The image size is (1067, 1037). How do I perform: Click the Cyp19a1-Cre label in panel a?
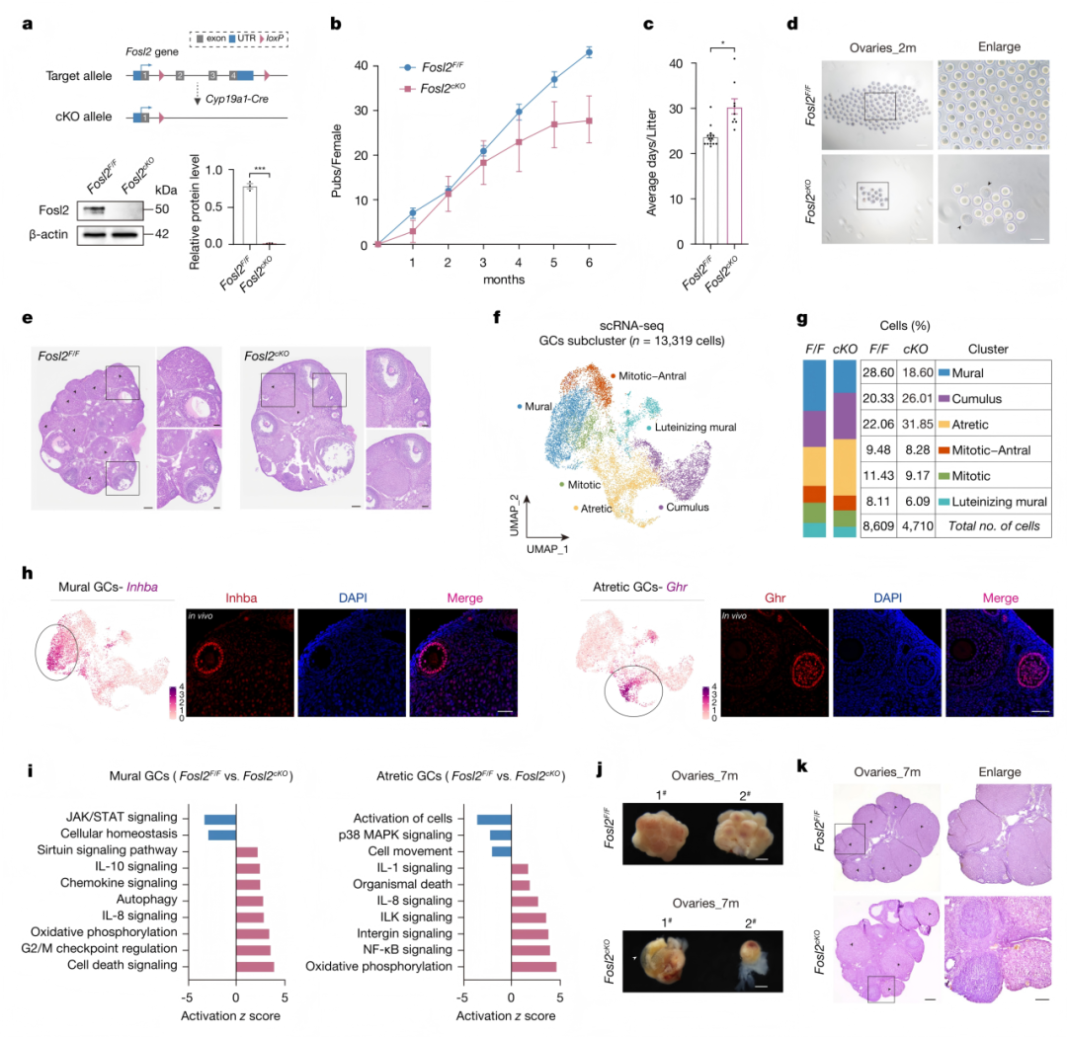237,100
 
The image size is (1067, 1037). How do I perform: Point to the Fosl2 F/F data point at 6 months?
589,52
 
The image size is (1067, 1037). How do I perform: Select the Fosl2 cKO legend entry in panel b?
434,89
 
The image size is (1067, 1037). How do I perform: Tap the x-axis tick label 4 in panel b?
519,263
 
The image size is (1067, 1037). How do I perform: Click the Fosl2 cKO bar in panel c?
734,176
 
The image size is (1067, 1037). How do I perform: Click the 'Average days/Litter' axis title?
652,163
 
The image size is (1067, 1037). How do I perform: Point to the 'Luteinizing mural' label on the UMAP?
696,428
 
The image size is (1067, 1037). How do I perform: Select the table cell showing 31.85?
917,425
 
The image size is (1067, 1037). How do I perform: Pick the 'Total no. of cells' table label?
994,526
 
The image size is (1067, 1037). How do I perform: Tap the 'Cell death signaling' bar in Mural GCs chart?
255,966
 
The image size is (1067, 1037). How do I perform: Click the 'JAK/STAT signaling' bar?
219,819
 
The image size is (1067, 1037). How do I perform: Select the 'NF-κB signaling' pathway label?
404,950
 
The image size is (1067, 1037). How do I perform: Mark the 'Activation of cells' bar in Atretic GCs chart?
494,820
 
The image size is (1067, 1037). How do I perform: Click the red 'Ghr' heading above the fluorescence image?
776,598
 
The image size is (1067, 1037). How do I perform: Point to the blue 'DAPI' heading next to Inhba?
353,598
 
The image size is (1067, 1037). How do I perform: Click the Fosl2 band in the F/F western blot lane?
93,210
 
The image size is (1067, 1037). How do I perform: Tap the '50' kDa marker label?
162,209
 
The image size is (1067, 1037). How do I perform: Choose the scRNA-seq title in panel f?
630,326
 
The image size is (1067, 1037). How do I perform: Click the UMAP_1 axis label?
546,549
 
